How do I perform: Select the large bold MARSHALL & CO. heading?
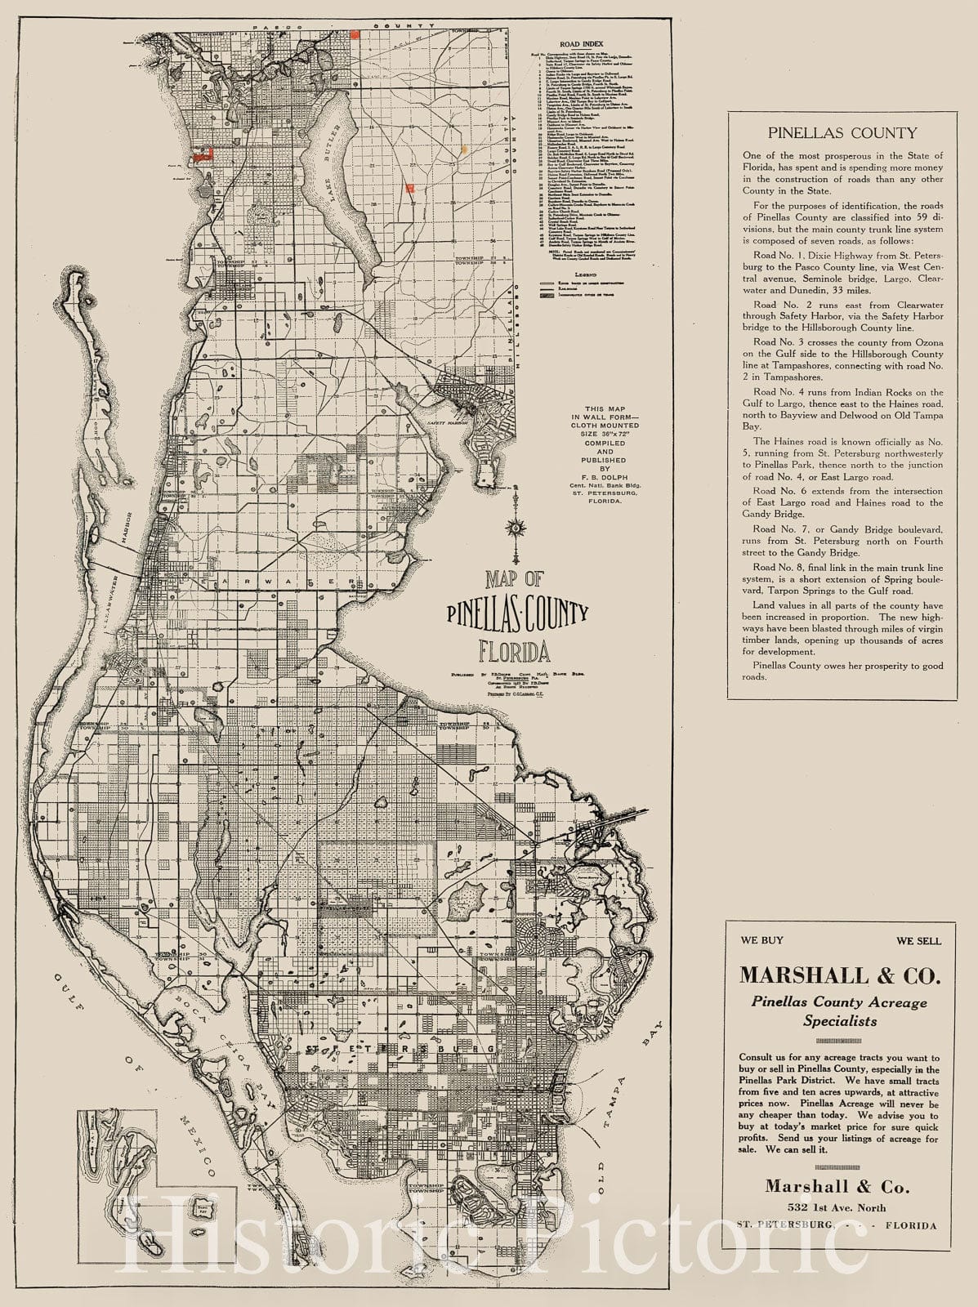[x=841, y=975]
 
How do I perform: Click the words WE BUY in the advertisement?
[x=761, y=941]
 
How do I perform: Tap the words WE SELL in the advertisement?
[x=918, y=941]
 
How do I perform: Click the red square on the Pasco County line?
[x=355, y=34]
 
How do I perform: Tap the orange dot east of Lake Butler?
[x=464, y=150]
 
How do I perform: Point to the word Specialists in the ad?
[x=841, y=1021]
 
